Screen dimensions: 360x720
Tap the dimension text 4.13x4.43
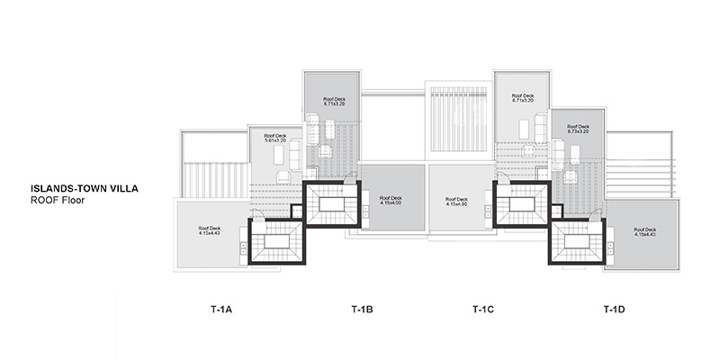210,231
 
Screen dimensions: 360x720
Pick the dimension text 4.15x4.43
644,232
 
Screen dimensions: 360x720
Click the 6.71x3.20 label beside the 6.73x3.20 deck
523,100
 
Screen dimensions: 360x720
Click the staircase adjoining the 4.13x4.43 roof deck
276,241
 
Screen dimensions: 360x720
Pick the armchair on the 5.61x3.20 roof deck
283,176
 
